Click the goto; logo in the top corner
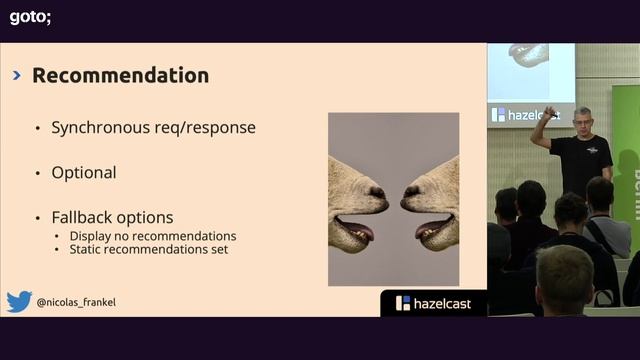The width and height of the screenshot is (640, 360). point(30,16)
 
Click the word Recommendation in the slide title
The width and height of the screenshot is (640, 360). point(120,76)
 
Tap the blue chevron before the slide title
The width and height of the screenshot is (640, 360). point(17,76)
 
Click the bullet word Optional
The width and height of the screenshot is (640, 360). point(84,173)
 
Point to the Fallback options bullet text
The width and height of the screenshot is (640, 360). point(112,217)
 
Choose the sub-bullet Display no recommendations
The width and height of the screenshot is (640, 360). point(153,236)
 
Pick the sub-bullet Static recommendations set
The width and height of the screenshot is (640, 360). point(149,249)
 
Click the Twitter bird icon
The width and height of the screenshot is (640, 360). point(19,301)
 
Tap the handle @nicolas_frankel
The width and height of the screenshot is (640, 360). point(76,302)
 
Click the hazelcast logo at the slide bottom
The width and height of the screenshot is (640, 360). point(433,303)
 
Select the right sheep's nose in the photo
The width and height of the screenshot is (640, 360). point(410,191)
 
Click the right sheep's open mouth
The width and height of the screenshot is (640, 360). point(434,231)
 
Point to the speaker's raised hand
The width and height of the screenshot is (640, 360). point(549,112)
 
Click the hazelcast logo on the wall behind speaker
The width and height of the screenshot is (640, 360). point(523,115)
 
